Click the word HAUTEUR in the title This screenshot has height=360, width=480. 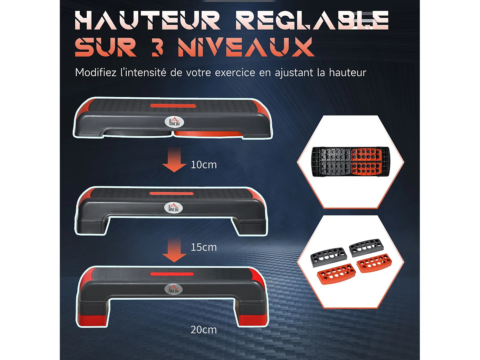pyautogui.click(x=148, y=20)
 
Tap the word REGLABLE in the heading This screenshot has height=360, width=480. pyautogui.click(x=312, y=20)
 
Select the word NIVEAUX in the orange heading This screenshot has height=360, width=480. pyautogui.click(x=246, y=47)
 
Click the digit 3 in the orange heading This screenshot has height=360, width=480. pyautogui.click(x=157, y=47)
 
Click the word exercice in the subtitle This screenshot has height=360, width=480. pyautogui.click(x=235, y=73)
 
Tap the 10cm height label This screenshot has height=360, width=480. pyautogui.click(x=204, y=165)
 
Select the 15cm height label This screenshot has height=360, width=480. pyautogui.click(x=204, y=247)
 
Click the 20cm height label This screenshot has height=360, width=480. pyautogui.click(x=204, y=330)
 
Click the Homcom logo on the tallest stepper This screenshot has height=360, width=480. pyautogui.click(x=173, y=289)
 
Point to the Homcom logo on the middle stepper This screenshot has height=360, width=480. pyautogui.click(x=173, y=208)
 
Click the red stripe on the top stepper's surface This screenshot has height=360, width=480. pyautogui.click(x=173, y=106)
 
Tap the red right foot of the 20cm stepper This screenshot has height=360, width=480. pyautogui.click(x=253, y=320)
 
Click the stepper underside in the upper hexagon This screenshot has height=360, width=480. pyautogui.click(x=351, y=162)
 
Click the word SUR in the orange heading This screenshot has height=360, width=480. pyautogui.click(x=106, y=47)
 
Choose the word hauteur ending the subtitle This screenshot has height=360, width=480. pyautogui.click(x=348, y=73)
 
